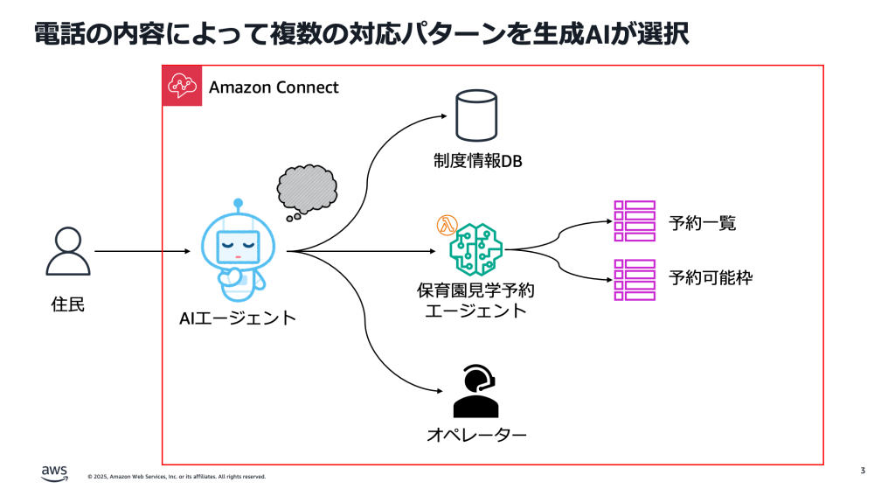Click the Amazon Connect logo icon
point(182,86)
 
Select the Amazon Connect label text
point(274,87)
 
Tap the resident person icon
point(67,252)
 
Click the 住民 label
point(67,305)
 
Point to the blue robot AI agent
point(238,249)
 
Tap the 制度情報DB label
point(476,161)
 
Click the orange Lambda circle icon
point(447,226)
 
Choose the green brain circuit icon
point(476,249)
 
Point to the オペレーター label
point(476,435)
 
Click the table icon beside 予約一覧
point(634,221)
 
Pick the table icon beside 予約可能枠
point(634,279)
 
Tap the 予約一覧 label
point(702,223)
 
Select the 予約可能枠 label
point(710,279)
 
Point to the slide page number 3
point(863,472)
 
